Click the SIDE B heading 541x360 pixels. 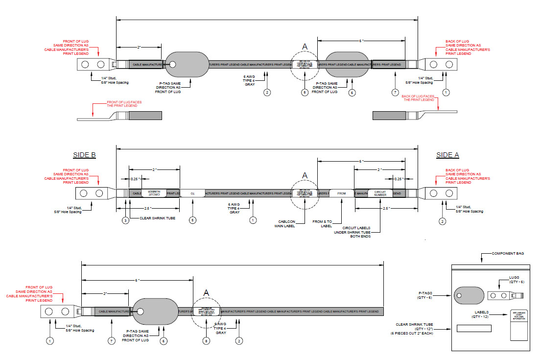[x=84, y=155]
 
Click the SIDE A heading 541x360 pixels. [x=447, y=155]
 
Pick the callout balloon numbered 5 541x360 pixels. [x=192, y=221]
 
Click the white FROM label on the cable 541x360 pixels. [x=341, y=193]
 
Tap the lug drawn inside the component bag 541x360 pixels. [x=505, y=295]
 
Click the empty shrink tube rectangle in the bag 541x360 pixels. [x=473, y=328]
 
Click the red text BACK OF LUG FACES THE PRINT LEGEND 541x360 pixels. [x=418, y=97]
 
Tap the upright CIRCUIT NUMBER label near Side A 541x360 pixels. [x=380, y=193]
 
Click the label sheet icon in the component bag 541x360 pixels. [x=518, y=325]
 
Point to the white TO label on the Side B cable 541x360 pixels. [x=192, y=193]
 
